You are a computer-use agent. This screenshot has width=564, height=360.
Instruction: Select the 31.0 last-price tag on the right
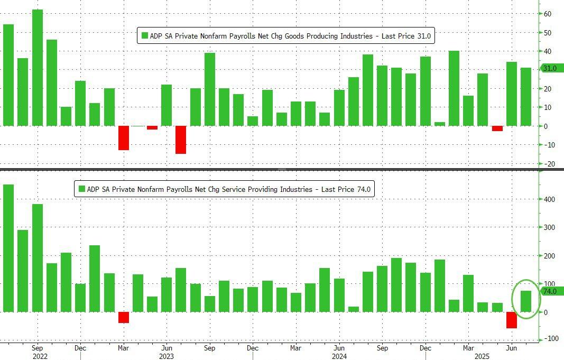552,68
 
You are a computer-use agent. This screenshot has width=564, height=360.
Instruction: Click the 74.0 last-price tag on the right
552,291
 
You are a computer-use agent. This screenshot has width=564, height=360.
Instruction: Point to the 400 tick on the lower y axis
550,200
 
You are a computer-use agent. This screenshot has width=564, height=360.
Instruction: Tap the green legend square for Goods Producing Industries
145,36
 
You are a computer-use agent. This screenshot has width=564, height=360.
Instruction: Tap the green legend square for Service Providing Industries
82,189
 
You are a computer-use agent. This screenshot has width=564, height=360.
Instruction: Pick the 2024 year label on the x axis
338,356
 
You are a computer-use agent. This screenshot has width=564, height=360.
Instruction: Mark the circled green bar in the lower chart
526,301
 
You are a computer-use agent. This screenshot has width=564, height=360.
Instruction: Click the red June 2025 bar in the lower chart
512,320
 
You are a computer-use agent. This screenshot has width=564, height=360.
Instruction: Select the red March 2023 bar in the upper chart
124,137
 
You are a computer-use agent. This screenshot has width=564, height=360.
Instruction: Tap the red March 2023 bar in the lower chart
124,317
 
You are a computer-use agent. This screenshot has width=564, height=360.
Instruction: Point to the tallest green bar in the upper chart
38,68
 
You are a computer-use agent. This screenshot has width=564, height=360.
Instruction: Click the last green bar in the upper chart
526,97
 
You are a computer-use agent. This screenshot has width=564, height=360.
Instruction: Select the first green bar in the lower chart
8,248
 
